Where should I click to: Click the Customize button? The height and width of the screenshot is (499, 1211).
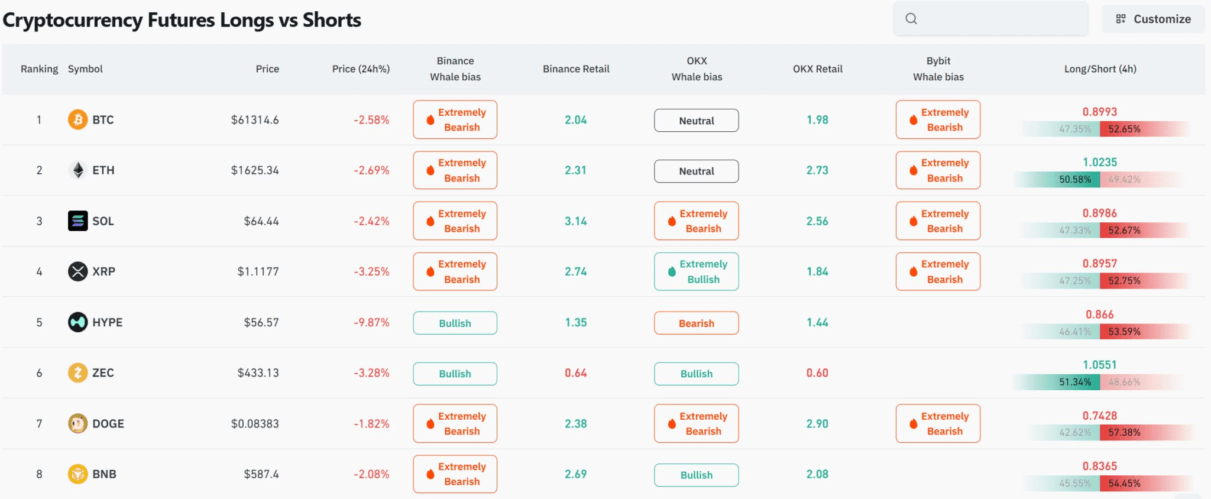point(1152,19)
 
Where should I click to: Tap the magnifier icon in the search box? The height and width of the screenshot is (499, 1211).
point(911,19)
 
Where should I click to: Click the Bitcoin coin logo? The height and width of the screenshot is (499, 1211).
point(77,119)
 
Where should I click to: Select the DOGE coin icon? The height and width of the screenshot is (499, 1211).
point(77,423)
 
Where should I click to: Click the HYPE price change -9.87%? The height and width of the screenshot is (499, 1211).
point(371,322)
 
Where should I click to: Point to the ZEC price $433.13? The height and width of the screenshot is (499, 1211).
point(258,373)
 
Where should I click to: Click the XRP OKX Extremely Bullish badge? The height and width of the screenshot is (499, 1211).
point(697,271)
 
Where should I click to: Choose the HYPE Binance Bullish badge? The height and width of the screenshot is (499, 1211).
point(455,323)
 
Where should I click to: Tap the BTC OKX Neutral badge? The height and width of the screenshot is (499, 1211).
point(697,121)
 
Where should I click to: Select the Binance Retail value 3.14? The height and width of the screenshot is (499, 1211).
point(576,221)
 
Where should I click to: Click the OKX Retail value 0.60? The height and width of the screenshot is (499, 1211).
point(817,373)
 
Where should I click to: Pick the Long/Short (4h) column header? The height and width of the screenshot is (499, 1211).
point(1100,69)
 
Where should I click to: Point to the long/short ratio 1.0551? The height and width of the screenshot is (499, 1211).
point(1100,365)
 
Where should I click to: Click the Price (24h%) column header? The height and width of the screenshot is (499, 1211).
point(361,69)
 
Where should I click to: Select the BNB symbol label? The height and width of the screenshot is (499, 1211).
point(104,474)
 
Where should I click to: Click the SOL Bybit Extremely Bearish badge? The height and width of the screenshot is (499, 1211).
point(938,221)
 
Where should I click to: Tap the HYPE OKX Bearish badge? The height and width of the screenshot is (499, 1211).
point(697,323)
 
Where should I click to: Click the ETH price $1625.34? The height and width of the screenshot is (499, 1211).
point(255,170)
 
